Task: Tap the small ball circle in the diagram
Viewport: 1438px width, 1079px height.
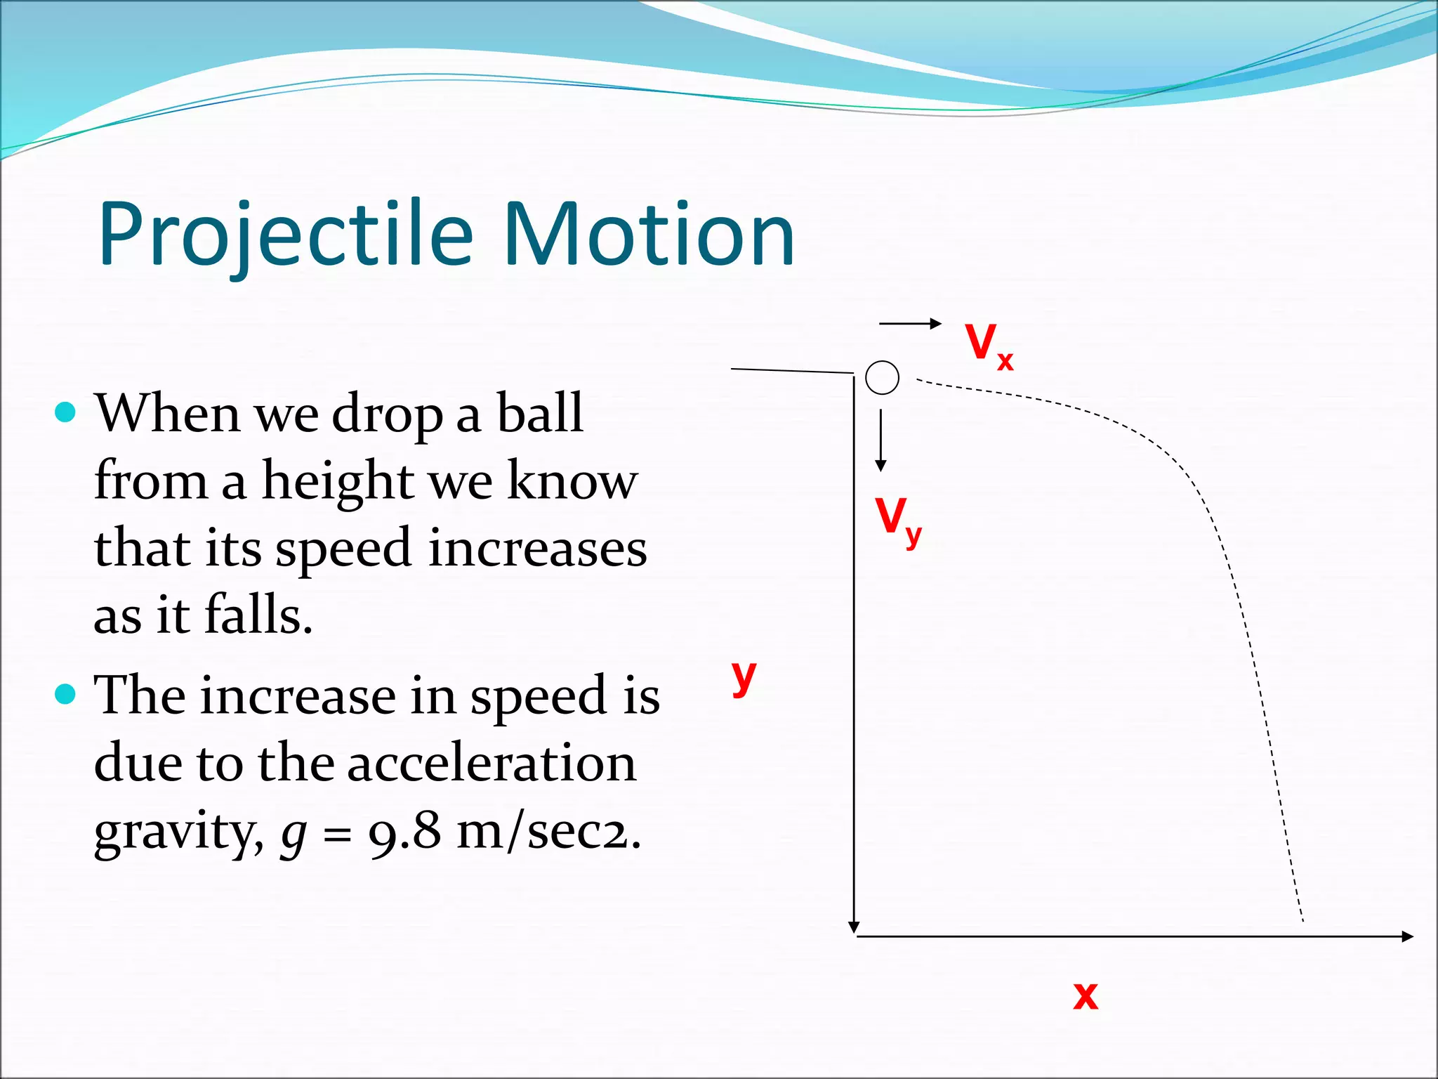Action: pyautogui.click(x=882, y=378)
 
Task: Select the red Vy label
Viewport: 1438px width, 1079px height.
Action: pyautogui.click(x=897, y=521)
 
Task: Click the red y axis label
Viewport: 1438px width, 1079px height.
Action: pyautogui.click(x=744, y=677)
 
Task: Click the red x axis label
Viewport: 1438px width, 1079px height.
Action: pyautogui.click(x=1085, y=995)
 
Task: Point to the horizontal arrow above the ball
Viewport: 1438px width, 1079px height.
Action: pyautogui.click(x=909, y=323)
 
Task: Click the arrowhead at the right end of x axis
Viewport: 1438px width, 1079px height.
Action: pyautogui.click(x=1406, y=936)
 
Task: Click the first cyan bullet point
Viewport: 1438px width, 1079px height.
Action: pyautogui.click(x=65, y=412)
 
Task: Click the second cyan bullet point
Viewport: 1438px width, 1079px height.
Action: pyautogui.click(x=65, y=695)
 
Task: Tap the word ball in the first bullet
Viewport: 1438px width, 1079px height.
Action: pyautogui.click(x=540, y=413)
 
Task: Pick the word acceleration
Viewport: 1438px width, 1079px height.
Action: pyautogui.click(x=492, y=763)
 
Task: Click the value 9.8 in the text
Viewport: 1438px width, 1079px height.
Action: pyautogui.click(x=404, y=832)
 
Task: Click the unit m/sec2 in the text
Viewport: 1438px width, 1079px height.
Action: pyautogui.click(x=547, y=832)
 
